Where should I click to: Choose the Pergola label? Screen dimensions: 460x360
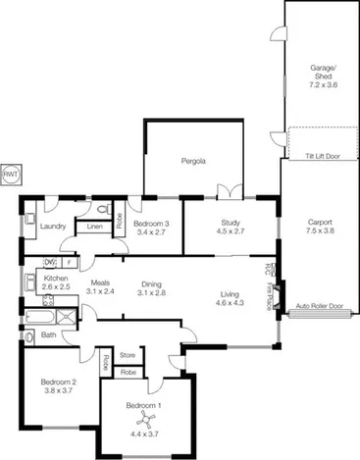[x=192, y=161]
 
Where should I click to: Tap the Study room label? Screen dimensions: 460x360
[x=231, y=227]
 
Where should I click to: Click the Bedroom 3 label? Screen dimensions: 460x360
[x=152, y=227]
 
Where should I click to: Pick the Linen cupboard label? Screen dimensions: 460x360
[x=94, y=228]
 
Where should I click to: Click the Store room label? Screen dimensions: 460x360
[x=128, y=354]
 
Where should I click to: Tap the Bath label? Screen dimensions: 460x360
[x=48, y=335]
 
